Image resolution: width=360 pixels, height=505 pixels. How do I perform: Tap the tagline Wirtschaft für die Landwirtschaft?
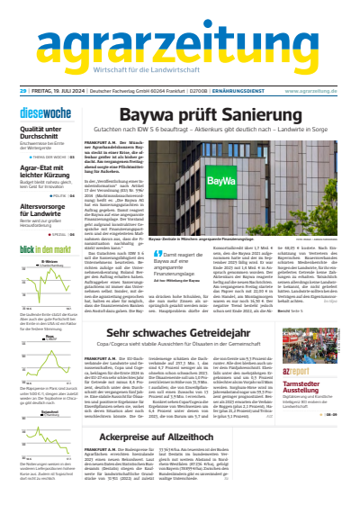180,72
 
